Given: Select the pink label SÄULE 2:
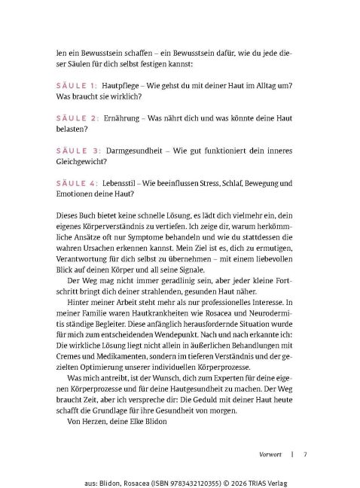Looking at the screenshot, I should click(77, 119).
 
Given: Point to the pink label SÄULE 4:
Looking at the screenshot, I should click(77, 183).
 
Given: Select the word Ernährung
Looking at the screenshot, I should click(126, 119).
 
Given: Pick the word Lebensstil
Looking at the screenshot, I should click(125, 183).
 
